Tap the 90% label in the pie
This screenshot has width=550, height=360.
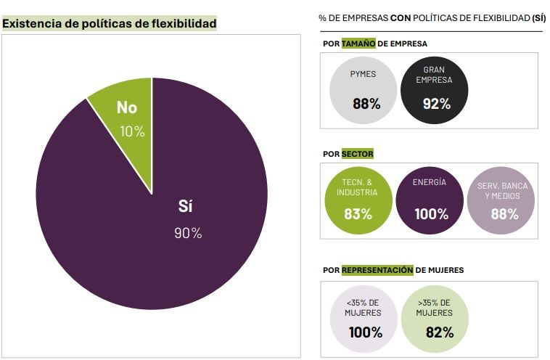188,233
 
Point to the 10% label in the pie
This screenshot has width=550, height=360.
132,131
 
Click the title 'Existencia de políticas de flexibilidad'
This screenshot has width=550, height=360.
110,24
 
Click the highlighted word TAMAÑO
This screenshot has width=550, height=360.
359,44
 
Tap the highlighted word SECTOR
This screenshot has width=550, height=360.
357,154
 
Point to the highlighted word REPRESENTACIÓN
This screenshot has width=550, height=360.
377,270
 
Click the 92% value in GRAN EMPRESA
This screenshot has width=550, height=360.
437,104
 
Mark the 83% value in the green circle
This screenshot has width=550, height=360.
358,214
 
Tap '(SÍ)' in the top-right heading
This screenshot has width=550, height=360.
538,17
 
